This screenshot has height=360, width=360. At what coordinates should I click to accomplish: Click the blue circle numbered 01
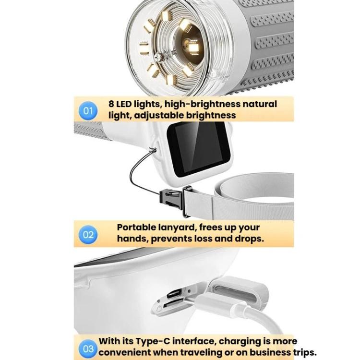[x=88, y=111]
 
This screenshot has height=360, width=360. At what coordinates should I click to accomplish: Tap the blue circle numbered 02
[x=88, y=235]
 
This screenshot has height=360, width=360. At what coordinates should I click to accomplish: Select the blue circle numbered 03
[x=88, y=349]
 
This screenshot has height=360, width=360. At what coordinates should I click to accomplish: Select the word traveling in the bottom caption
[x=200, y=352]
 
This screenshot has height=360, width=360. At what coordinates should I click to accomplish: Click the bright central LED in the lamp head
[x=193, y=48]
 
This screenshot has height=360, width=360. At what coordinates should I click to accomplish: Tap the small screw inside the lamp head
[x=158, y=57]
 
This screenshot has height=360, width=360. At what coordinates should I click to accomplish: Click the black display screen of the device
[x=198, y=148]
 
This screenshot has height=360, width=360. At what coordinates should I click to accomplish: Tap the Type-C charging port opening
[x=175, y=293]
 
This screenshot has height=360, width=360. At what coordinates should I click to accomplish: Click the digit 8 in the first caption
[x=111, y=104]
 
